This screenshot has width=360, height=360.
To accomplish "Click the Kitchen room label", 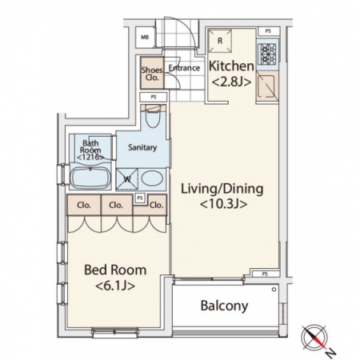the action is (x=231, y=66).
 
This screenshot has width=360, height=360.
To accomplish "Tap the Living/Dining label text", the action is (x=222, y=189).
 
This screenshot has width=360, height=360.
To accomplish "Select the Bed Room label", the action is (x=115, y=270).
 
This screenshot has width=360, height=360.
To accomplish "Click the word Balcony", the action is (x=224, y=306).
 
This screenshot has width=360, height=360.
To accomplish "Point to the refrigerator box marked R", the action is (x=220, y=41).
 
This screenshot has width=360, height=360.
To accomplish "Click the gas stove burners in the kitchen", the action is (x=268, y=54).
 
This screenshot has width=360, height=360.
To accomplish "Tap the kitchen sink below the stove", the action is (x=266, y=86).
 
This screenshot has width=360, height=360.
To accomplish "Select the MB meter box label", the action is (x=145, y=38).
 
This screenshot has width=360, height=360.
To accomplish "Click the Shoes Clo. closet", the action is (x=152, y=73).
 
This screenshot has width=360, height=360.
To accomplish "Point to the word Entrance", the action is (x=184, y=68).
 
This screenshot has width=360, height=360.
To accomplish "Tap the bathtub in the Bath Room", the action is (x=90, y=178).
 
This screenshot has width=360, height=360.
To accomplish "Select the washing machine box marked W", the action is (x=127, y=178).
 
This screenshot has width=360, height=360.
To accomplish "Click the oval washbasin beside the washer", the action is (x=152, y=178).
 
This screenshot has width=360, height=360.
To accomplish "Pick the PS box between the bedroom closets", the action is (x=140, y=198).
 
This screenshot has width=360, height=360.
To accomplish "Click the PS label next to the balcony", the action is (x=265, y=274).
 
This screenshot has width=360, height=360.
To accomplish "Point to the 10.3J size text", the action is (x=223, y=205).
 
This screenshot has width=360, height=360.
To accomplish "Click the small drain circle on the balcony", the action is (x=274, y=290).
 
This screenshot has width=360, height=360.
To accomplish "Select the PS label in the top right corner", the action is (x=268, y=31).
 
